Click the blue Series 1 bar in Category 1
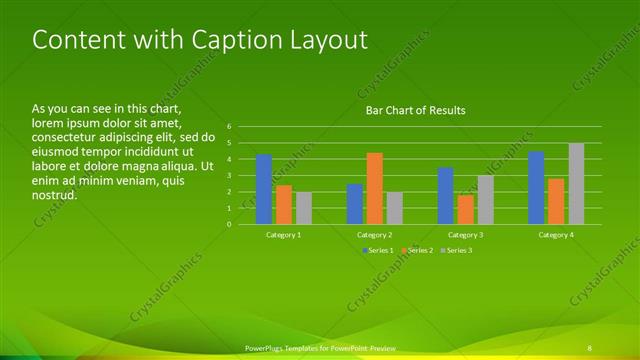click(x=264, y=190)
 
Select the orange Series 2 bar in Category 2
click(x=375, y=189)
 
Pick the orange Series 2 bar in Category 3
click(x=466, y=210)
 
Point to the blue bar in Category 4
click(x=536, y=188)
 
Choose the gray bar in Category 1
click(x=304, y=208)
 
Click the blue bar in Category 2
click(x=355, y=204)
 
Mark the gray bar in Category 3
click(x=486, y=200)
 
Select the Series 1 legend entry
click(x=378, y=249)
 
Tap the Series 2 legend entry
click(x=417, y=249)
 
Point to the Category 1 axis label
click(x=284, y=234)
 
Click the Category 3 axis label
click(x=466, y=234)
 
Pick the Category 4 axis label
click(x=556, y=234)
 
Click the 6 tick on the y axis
click(x=230, y=127)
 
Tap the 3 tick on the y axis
click(x=230, y=176)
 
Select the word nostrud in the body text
click(x=54, y=196)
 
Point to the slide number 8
click(x=590, y=346)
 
